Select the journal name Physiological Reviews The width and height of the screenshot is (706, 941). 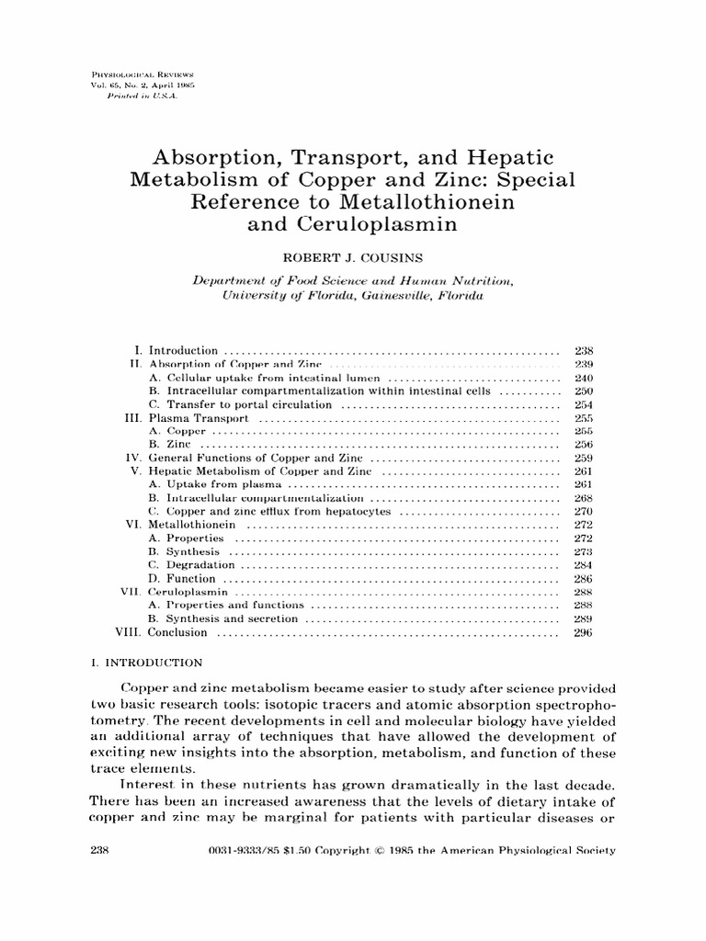click(136, 72)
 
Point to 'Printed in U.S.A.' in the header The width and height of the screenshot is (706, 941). click(141, 96)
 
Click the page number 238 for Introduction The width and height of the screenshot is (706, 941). click(584, 350)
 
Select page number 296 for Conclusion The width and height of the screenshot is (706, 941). click(584, 632)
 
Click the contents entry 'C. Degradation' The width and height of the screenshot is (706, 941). click(191, 565)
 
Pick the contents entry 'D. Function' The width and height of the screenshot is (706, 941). click(182, 579)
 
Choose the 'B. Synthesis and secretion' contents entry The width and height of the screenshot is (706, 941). click(223, 619)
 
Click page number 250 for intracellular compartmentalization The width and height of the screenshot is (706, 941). click(584, 391)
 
